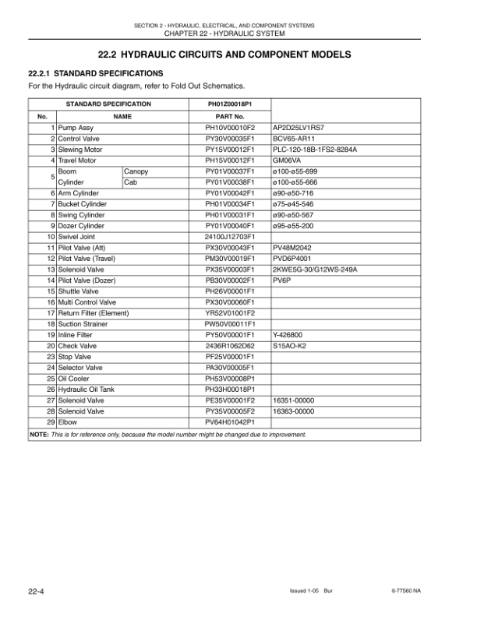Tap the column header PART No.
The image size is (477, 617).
click(x=230, y=116)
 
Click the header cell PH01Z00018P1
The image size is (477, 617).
click(x=230, y=104)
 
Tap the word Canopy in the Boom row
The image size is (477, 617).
click(x=136, y=171)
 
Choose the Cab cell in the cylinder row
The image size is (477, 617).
click(x=130, y=182)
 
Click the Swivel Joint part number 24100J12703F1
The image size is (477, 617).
click(x=230, y=236)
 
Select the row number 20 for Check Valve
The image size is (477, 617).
click(x=51, y=345)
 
